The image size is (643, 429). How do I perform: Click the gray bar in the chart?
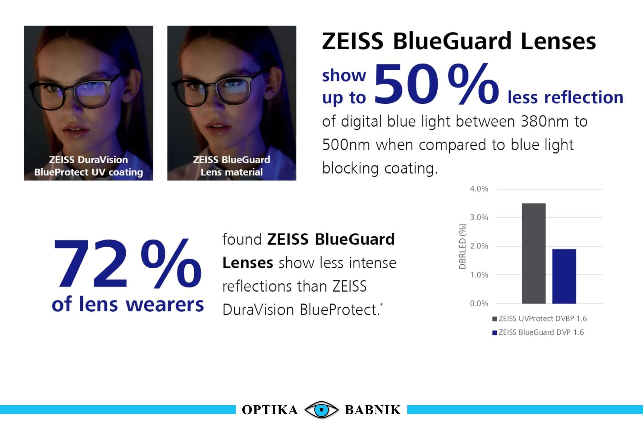533,253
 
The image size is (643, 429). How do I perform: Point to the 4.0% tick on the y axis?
479,189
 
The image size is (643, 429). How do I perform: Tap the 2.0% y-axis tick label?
479,246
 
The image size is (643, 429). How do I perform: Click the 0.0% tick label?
479,303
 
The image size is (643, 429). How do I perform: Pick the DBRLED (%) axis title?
462,246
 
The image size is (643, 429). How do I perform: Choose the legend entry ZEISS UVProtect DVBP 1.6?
540,318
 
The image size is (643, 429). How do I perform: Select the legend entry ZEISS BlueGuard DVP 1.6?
538,332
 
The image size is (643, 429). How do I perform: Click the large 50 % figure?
437,84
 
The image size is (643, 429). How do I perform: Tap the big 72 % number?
127,263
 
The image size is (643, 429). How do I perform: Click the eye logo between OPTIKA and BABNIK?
321,410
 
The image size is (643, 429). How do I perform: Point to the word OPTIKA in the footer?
270,410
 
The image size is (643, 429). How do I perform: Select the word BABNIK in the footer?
373,410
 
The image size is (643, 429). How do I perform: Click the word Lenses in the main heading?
558,41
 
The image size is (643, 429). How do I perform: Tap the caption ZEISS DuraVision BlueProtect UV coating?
89,166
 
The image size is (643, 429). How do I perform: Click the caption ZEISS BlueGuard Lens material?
232,166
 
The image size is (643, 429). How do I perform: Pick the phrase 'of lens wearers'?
128,304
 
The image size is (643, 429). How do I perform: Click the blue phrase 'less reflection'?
565,97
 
